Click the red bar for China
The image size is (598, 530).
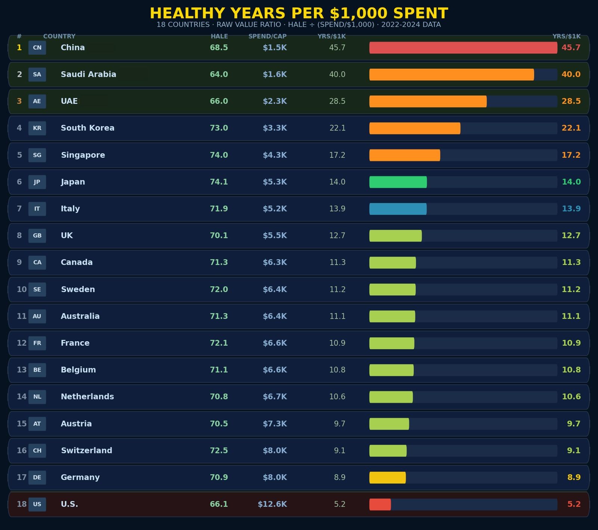(463, 47)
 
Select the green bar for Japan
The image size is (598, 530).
(398, 182)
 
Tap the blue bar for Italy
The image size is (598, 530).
(398, 209)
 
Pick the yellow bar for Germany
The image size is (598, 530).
(388, 477)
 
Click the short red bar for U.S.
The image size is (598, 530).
(380, 504)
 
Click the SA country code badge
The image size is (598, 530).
(37, 74)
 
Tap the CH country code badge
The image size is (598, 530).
(37, 450)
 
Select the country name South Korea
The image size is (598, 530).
(87, 128)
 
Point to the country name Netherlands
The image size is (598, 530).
(87, 397)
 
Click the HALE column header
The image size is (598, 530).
(219, 36)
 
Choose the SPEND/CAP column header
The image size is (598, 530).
(268, 36)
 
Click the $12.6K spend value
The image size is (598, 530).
(272, 504)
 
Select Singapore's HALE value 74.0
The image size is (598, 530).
(219, 155)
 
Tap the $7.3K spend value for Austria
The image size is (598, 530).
(275, 423)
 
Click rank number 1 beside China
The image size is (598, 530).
(19, 47)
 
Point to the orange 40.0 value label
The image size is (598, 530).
(571, 74)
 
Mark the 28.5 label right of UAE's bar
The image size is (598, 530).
(571, 101)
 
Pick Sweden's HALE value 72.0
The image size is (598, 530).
(219, 289)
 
